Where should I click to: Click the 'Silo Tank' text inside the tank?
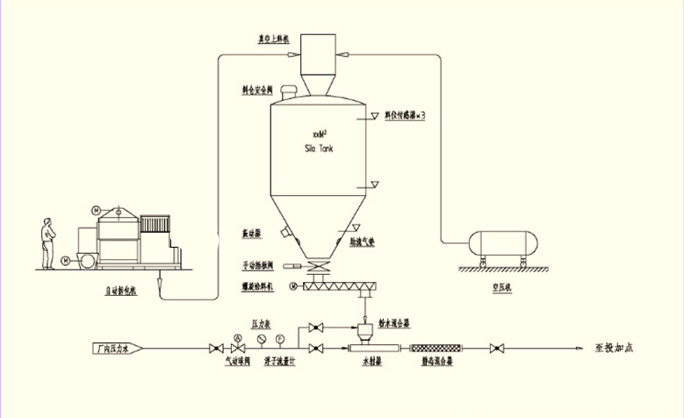tap(318, 148)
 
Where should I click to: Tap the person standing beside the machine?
tap(47, 243)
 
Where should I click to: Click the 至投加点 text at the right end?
tap(611, 348)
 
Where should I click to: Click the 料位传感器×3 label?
tap(406, 115)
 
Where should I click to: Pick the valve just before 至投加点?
tap(497, 350)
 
